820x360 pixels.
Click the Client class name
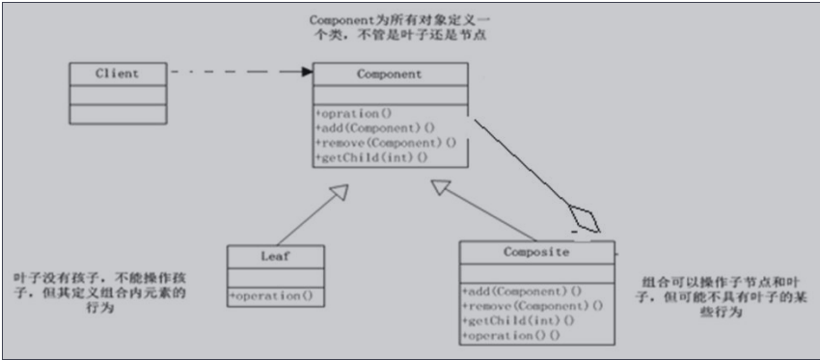pos(117,72)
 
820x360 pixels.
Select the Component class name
pos(389,73)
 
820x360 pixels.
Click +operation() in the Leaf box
pos(272,296)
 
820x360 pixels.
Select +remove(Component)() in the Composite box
pos(532,305)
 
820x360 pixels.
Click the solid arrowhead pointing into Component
pos(306,71)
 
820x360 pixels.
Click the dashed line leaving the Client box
pos(232,71)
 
